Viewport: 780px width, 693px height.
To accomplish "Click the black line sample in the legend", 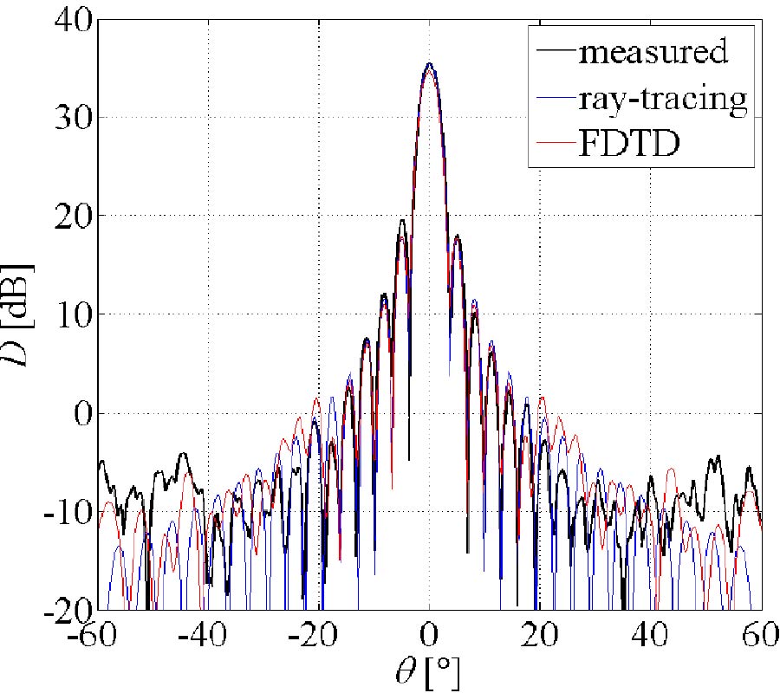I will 556,52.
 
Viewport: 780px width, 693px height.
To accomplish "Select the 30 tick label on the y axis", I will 67,118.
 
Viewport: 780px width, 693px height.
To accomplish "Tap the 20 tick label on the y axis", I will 67,216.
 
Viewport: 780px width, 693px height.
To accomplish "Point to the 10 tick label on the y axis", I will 67,314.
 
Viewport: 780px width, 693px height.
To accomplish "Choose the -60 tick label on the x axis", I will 97,638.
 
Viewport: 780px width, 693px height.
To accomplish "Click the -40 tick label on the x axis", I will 208,638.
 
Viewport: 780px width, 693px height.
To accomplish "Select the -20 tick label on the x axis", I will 319,638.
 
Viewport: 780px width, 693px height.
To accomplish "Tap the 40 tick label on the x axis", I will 651,638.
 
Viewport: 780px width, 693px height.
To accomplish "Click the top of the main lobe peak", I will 429,64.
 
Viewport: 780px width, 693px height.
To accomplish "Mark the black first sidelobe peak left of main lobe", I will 402,220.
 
